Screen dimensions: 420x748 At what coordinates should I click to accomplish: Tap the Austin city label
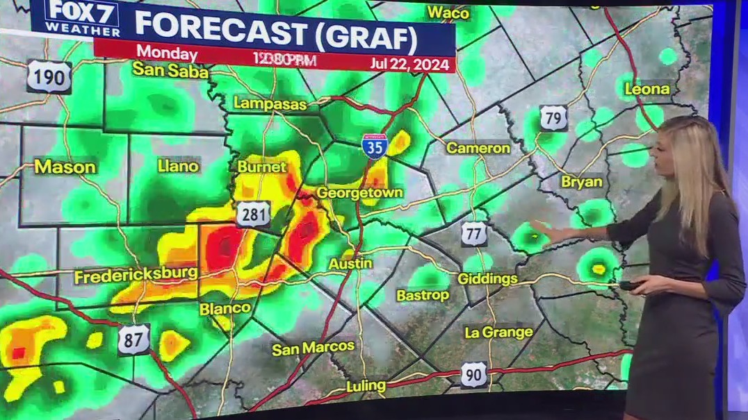(x=345, y=264)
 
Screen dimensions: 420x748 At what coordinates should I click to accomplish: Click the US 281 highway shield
(x=253, y=214)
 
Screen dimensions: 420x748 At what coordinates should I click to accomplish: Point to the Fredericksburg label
(x=136, y=276)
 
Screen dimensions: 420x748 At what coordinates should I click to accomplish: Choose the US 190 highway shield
(x=49, y=76)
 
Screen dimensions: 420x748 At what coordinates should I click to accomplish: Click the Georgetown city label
(x=359, y=192)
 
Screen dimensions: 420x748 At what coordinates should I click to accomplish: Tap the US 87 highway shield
(x=133, y=339)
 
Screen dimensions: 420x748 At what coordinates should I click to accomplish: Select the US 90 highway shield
(x=473, y=374)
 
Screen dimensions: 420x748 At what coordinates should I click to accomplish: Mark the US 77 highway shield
(x=474, y=233)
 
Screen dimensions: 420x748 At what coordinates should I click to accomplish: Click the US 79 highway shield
(x=553, y=118)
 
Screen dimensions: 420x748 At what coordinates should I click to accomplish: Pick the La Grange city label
(x=498, y=332)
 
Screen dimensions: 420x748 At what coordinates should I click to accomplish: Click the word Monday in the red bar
(x=166, y=53)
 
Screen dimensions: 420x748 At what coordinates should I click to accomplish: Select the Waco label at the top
(x=448, y=12)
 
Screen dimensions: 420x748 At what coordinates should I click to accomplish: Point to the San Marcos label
(x=313, y=347)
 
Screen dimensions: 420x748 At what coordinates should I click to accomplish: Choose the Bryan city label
(x=581, y=181)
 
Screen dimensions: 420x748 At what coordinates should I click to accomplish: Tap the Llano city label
(x=178, y=166)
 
